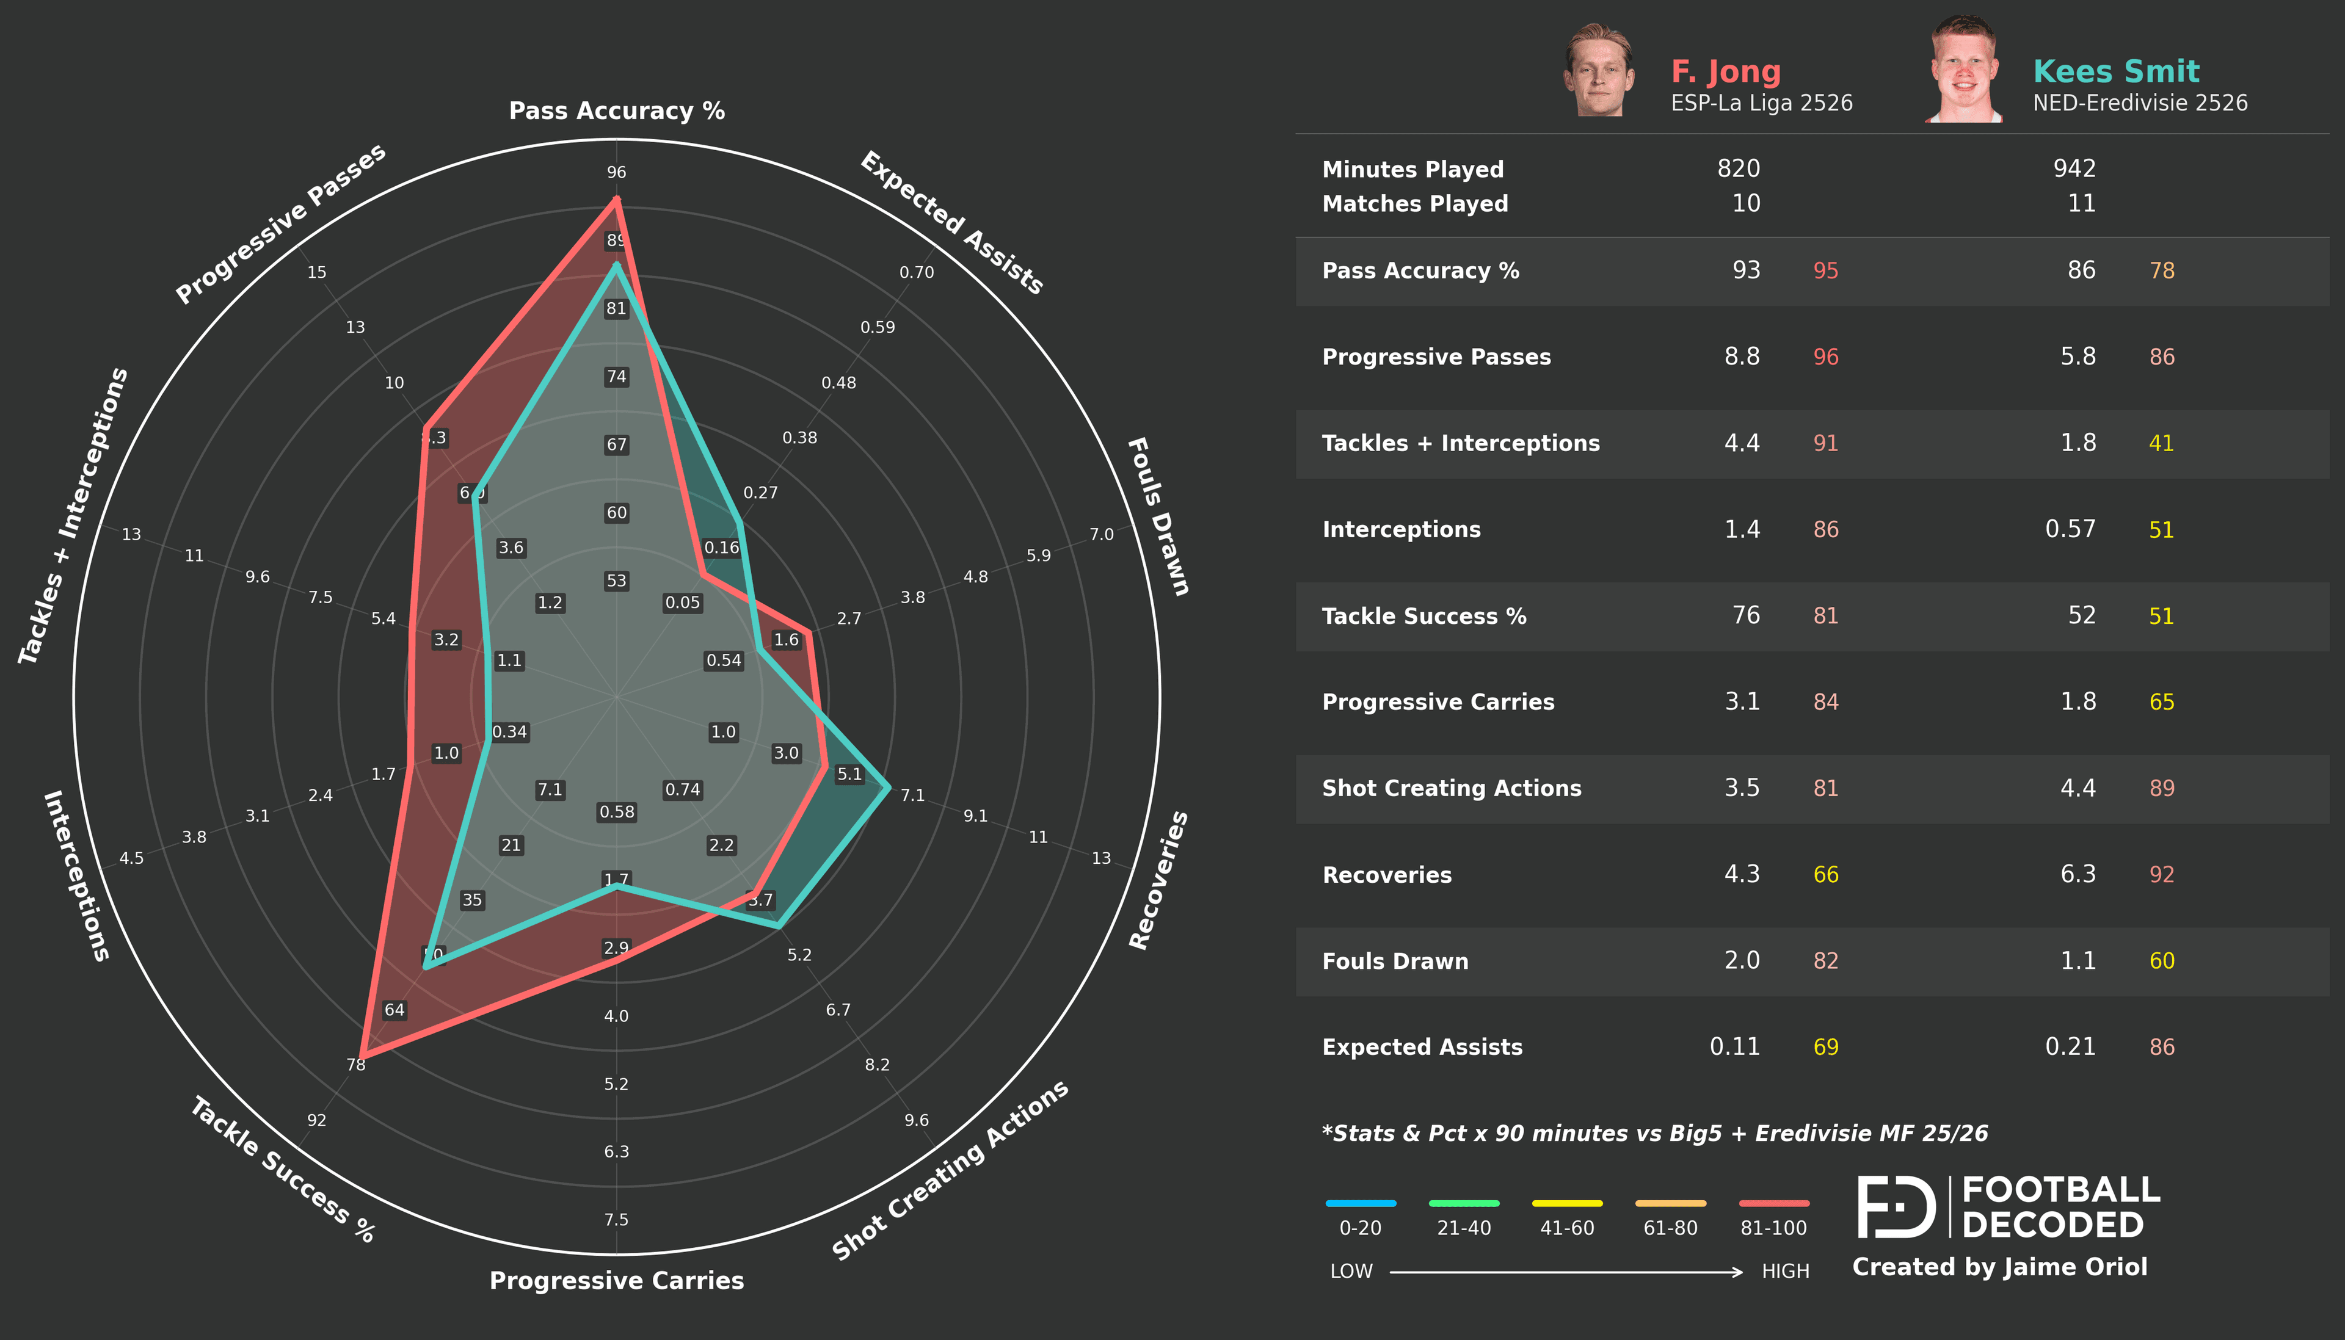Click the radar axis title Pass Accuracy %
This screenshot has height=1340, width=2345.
tap(617, 111)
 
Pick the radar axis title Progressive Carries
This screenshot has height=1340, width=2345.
tap(617, 1280)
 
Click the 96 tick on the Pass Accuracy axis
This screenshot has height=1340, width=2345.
tap(617, 172)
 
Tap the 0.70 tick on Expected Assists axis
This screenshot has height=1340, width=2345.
tap(916, 272)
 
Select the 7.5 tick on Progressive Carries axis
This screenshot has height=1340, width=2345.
tap(617, 1220)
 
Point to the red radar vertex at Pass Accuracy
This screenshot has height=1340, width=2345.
tap(617, 200)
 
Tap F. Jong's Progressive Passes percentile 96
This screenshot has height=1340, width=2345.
tap(1825, 357)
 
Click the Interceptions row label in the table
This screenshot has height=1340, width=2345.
tap(1401, 529)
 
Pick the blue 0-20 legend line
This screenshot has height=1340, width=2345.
tap(1360, 1203)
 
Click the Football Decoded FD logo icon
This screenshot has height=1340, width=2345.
tap(1896, 1206)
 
